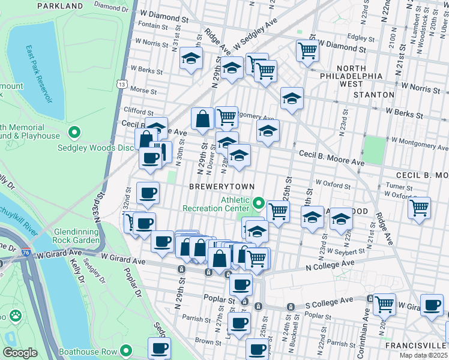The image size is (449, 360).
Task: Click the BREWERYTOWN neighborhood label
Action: [x=221, y=187]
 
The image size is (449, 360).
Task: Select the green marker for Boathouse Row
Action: [x=125, y=350]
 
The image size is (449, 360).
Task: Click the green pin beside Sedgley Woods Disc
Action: [x=75, y=132]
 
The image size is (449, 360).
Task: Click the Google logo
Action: [x=20, y=353]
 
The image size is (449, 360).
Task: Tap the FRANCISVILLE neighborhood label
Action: [x=415, y=346]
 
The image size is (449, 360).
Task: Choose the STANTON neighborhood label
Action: [x=373, y=95]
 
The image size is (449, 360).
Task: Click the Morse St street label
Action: [x=143, y=91]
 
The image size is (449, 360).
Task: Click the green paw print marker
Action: [x=15, y=316]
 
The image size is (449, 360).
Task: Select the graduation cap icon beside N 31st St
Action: [x=191, y=58]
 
